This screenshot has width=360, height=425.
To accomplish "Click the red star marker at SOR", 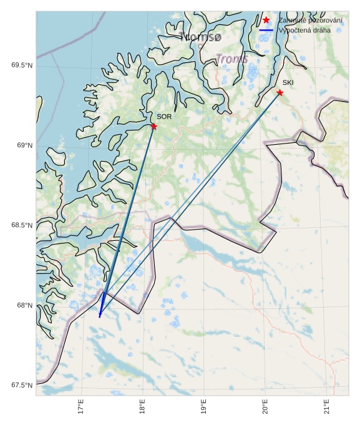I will point(153,127).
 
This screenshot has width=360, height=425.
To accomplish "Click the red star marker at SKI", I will point(280,93).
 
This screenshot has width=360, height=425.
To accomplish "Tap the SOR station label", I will point(164,117).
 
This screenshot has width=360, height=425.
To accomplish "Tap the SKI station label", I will point(288,82).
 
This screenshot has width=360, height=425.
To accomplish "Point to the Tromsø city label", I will point(200,37).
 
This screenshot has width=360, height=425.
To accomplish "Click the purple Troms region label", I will point(232,59).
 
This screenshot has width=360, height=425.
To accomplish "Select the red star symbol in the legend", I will point(266,21).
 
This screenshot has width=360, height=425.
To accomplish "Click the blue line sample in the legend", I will point(266,30).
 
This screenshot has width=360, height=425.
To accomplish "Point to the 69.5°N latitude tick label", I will point(22,66).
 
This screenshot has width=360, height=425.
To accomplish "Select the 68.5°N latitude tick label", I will point(22,225).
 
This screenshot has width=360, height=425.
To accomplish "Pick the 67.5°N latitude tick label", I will point(22,385).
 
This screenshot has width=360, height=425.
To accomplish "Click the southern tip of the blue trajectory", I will point(99,317).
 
